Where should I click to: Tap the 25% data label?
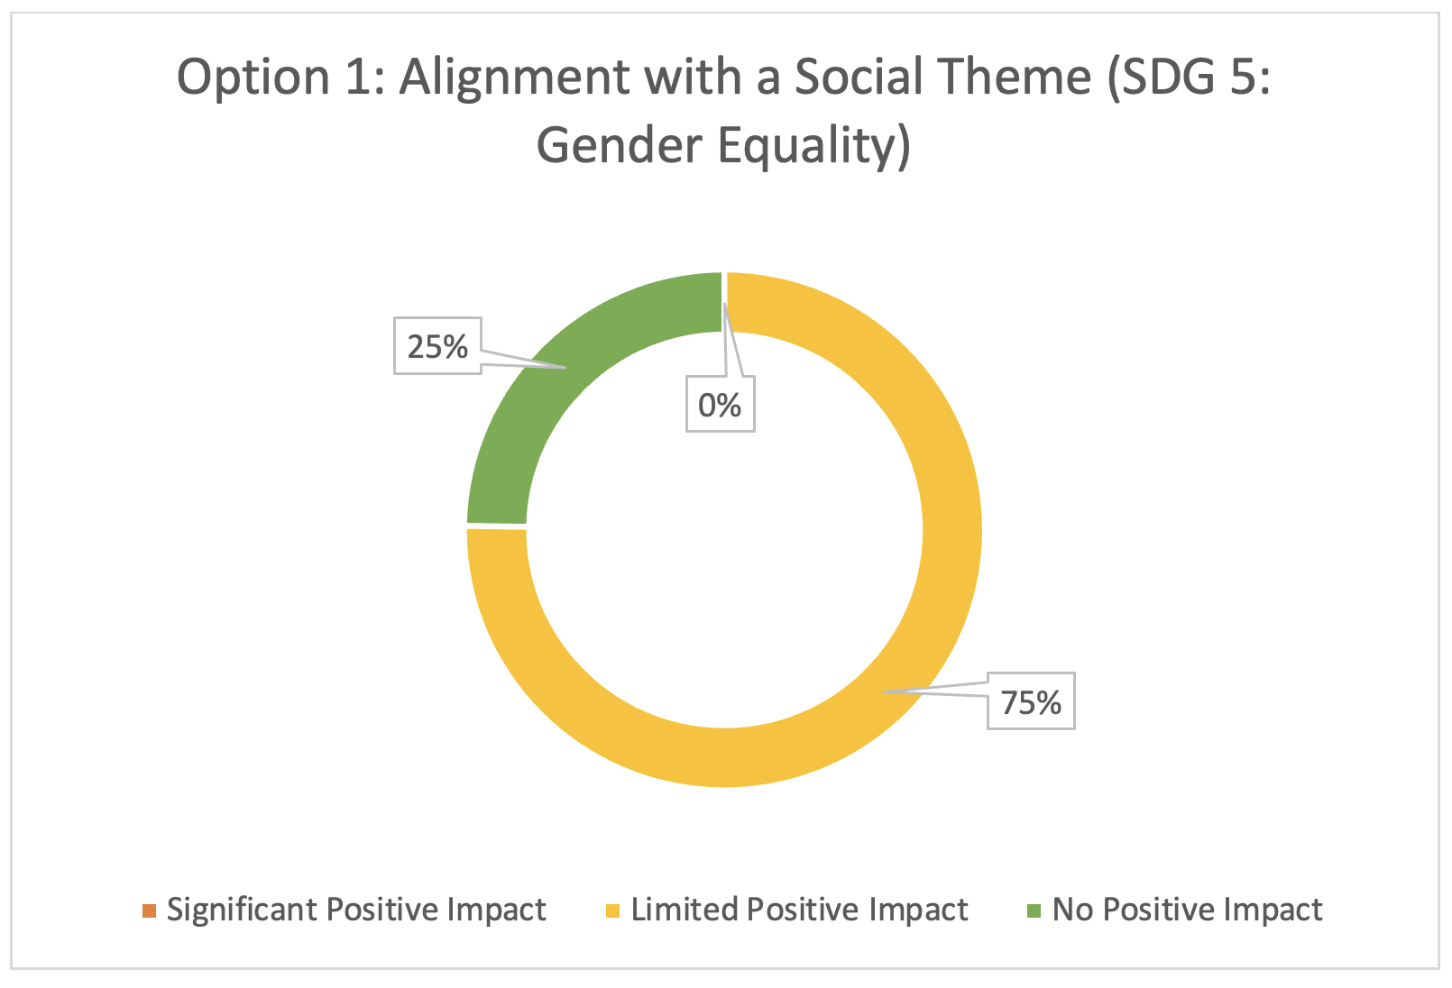coord(437,346)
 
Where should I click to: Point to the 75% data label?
coord(1031,702)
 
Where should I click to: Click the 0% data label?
coord(721,405)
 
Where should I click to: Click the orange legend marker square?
coord(149,910)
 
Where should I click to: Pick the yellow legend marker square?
coord(612,910)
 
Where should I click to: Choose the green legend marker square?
coord(1034,910)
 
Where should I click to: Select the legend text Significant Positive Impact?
coord(356,910)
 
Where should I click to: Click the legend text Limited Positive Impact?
coord(799,910)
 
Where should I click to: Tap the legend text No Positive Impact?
coord(1187,910)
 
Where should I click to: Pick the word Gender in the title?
coord(620,144)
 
